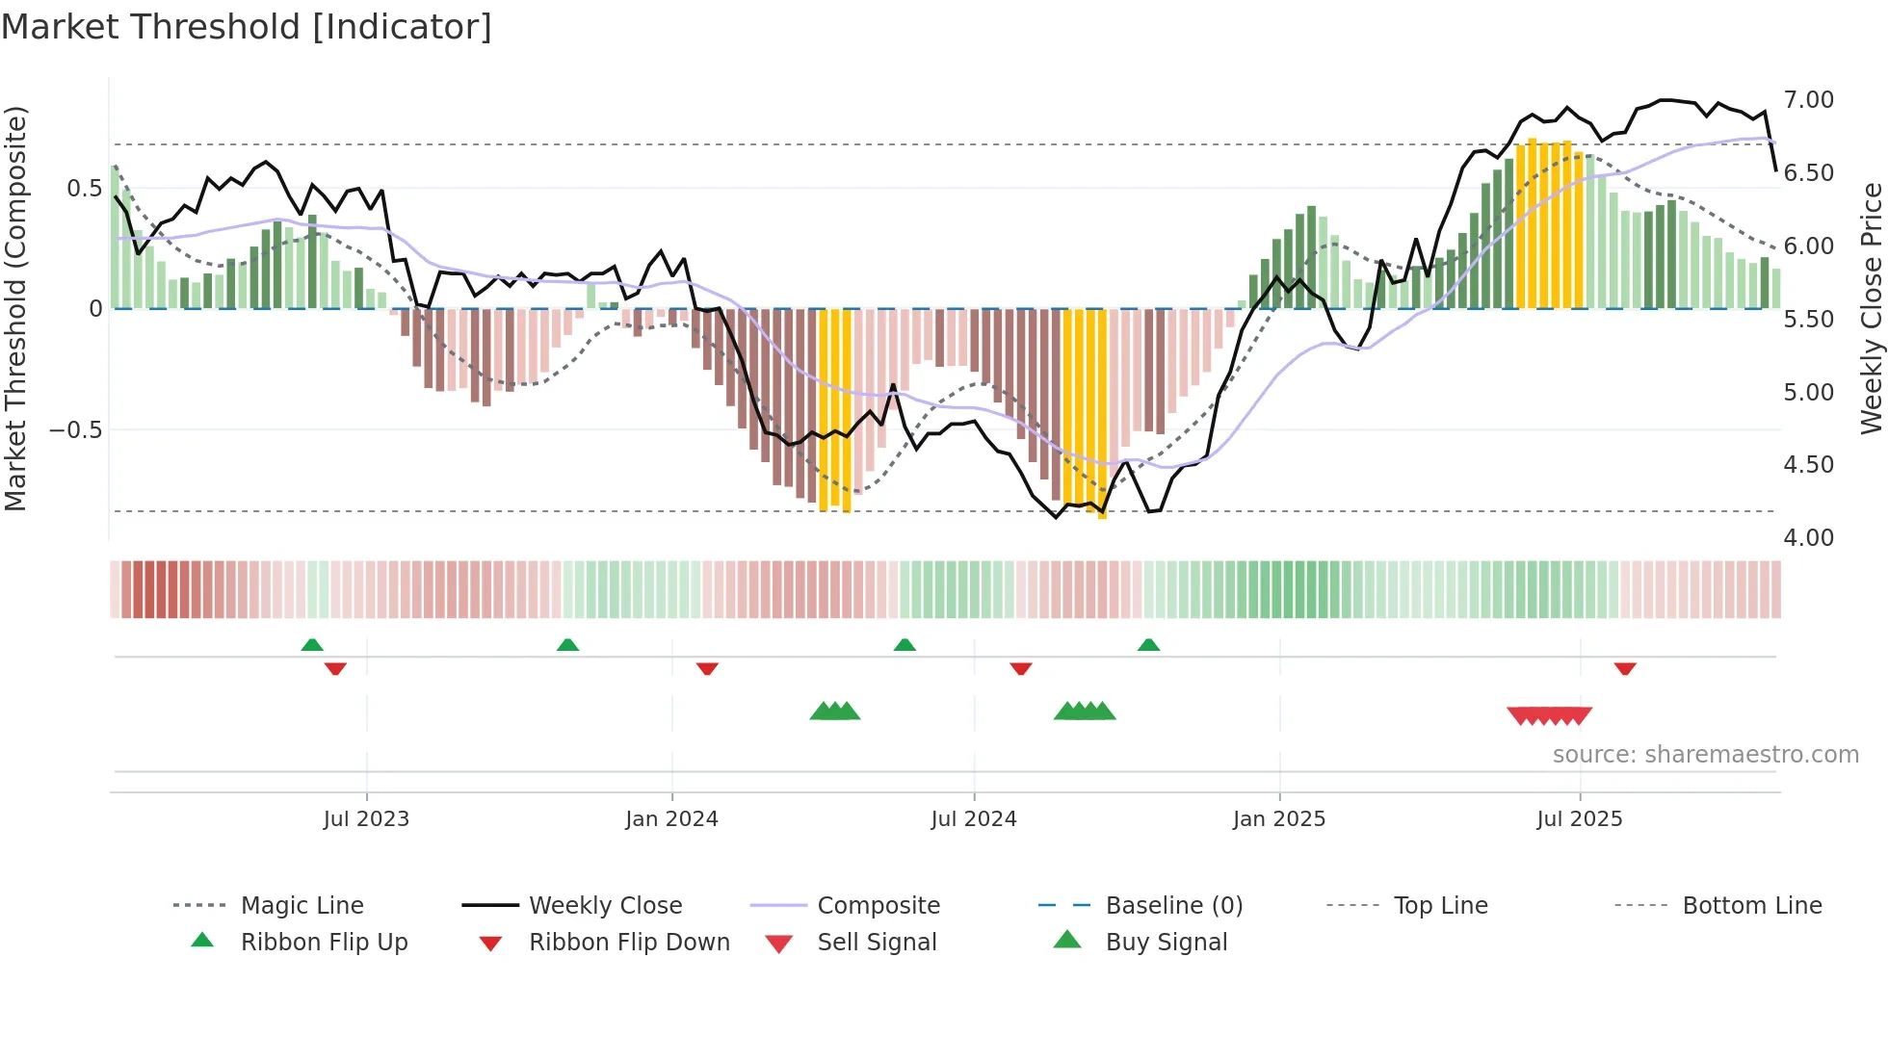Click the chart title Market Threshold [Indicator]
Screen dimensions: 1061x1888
click(x=247, y=27)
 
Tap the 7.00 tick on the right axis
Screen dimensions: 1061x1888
click(x=1808, y=100)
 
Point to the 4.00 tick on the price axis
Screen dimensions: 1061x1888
click(x=1808, y=538)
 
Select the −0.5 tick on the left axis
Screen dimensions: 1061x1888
click(x=76, y=429)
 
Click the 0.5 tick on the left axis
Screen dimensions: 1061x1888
click(x=84, y=189)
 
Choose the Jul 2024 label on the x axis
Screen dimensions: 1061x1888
click(x=973, y=819)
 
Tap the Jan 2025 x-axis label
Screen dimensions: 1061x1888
click(x=1278, y=819)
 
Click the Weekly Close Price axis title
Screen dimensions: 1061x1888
click(x=1871, y=308)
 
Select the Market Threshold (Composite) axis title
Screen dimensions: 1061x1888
click(x=15, y=308)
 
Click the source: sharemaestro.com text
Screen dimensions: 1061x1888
click(x=1705, y=755)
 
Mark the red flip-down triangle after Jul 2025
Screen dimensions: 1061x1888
click(x=1625, y=668)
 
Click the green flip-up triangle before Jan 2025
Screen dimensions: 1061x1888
click(x=1148, y=645)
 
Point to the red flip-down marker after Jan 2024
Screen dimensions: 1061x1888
click(x=707, y=668)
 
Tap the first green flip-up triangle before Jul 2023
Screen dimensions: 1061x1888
click(x=312, y=645)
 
